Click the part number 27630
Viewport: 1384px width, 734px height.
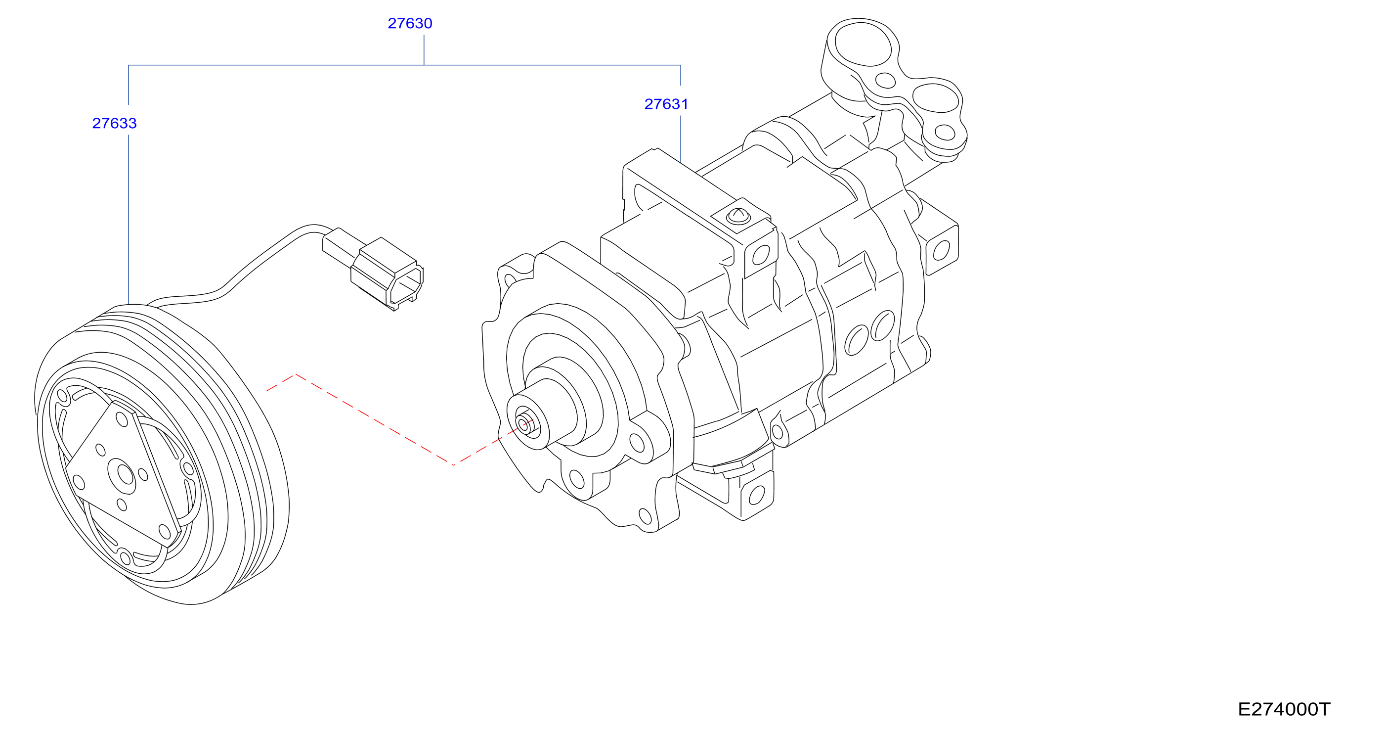(x=410, y=23)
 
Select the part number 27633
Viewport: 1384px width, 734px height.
(x=115, y=123)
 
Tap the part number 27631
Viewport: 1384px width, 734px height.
(x=666, y=104)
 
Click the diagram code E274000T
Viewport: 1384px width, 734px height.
(x=1284, y=709)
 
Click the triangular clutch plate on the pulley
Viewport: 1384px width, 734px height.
(x=123, y=473)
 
